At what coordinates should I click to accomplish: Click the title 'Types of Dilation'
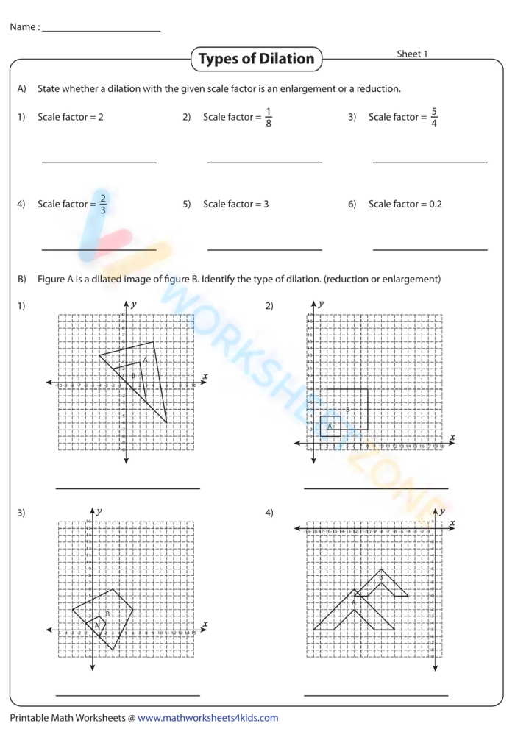point(256,59)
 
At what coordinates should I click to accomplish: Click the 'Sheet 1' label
point(412,54)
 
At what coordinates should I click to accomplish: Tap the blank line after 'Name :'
point(102,31)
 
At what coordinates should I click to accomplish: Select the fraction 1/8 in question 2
point(269,118)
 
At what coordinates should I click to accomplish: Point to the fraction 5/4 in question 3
point(434,118)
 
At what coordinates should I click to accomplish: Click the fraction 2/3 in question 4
point(103,205)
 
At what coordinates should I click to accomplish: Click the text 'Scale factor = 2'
point(71,117)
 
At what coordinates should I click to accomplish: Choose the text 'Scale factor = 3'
point(235,204)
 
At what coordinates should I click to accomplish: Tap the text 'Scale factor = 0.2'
point(405,204)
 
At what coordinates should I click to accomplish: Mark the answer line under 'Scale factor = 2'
point(99,163)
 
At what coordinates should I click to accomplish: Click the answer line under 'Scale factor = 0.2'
point(430,250)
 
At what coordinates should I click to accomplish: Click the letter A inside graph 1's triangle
point(146,360)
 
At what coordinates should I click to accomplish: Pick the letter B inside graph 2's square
point(347,409)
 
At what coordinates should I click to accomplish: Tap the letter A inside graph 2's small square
point(330,426)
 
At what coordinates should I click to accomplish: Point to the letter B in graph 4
point(380,577)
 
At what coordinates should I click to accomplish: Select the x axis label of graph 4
point(452,522)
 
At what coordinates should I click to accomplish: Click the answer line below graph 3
point(127,694)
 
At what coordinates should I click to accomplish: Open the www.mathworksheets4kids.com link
point(207,718)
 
